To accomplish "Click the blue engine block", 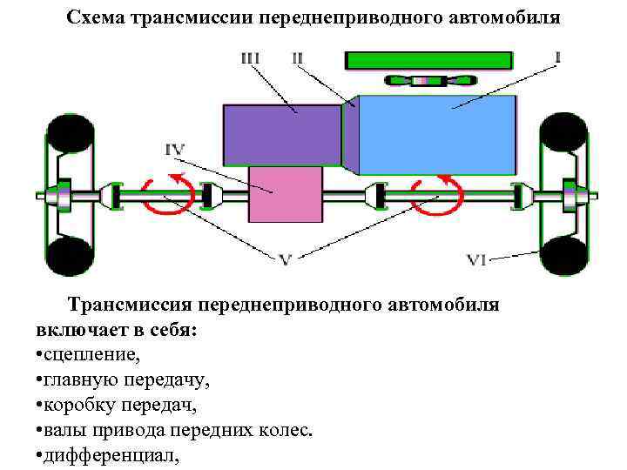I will pos(440,135).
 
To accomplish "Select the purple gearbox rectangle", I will pos(281,134).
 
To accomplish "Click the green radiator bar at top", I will pos(428,60).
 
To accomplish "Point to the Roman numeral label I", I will pos(556,57).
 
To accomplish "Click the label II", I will pos(298,58).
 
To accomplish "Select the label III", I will pos(253,58).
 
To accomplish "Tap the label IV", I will pos(175,150).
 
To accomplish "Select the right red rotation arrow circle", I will pos(437,195).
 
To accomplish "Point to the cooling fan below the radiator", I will pos(428,81).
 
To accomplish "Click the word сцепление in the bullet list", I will pos(92,355).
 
